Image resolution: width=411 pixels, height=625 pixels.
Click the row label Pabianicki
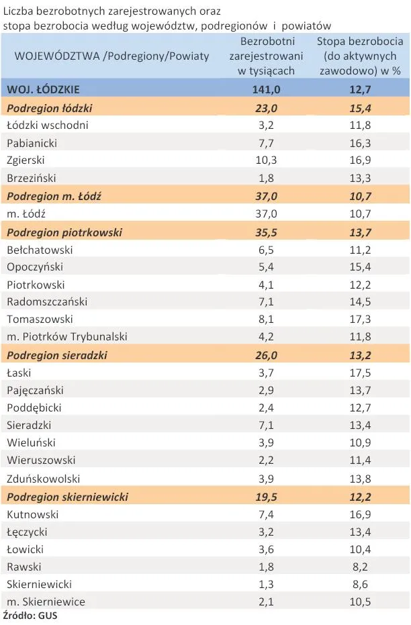(x=32, y=143)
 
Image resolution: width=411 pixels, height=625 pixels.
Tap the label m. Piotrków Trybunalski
(x=66, y=337)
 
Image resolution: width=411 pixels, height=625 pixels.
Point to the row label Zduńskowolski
(x=43, y=479)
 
